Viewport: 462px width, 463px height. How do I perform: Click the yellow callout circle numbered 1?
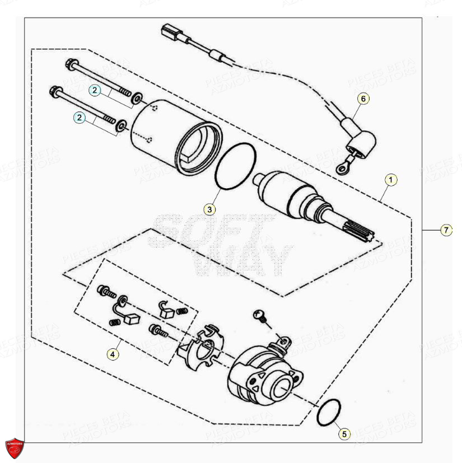point(391,180)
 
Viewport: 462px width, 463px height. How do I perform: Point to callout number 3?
point(209,210)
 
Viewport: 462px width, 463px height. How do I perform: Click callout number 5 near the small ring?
point(344,433)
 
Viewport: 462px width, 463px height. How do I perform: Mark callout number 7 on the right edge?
point(446,230)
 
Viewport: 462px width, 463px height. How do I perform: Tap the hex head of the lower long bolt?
point(56,90)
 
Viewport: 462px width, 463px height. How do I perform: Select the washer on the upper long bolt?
point(137,100)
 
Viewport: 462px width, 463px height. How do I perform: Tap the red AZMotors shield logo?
point(15,447)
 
